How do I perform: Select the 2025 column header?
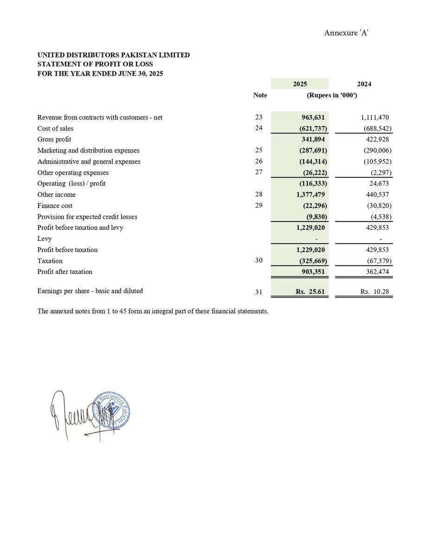[x=300, y=84]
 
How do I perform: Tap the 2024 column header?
[x=364, y=84]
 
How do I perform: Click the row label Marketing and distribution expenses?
[x=88, y=150]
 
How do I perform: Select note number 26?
[x=259, y=161]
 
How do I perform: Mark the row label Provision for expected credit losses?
[x=87, y=216]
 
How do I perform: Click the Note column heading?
[x=260, y=95]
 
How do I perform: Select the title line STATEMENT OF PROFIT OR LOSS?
[x=95, y=64]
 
